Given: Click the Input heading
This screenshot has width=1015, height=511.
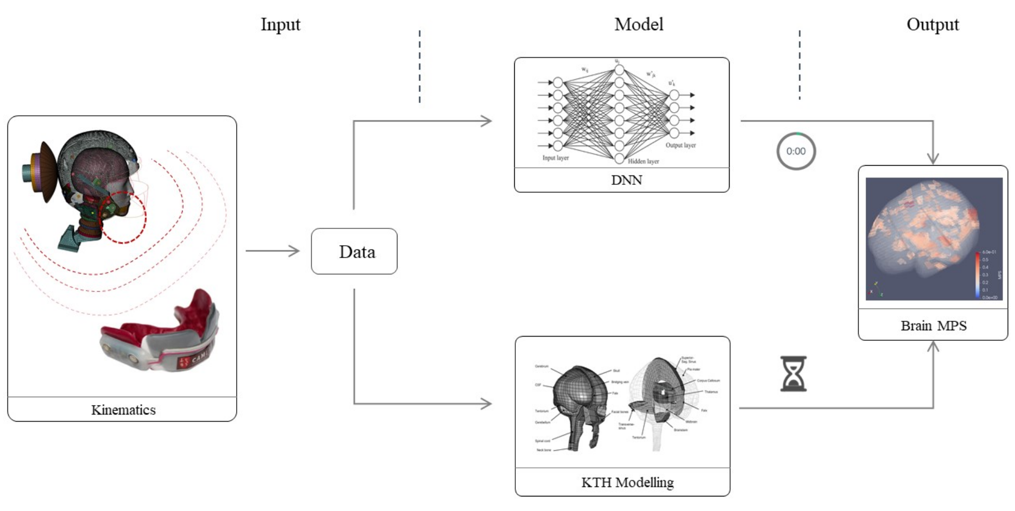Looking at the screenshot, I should click(280, 24).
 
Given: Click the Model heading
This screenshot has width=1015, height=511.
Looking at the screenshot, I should click(639, 24).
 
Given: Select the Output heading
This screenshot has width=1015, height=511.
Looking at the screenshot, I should click(932, 24).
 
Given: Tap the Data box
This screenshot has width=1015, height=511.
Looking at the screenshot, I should click(354, 251).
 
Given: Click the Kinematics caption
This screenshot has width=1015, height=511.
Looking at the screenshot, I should click(124, 410).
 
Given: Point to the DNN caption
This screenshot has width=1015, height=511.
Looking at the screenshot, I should click(626, 180).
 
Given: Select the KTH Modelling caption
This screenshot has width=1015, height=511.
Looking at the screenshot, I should click(627, 482).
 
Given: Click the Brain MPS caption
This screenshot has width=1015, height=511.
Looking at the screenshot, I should click(934, 326).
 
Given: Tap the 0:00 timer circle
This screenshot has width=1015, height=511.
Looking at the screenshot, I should click(796, 151).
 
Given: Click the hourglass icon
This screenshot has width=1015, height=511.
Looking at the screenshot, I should click(793, 373).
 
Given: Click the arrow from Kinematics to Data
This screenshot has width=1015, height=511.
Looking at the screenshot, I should click(273, 251).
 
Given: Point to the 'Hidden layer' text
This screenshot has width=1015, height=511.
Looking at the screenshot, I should click(643, 162).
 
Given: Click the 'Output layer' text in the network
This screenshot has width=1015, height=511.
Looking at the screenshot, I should click(680, 145).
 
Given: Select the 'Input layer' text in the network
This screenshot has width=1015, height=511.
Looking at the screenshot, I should click(555, 158).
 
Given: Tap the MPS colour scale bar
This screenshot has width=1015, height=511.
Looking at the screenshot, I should click(978, 275).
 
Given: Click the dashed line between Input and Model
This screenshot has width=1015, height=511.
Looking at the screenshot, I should click(420, 66).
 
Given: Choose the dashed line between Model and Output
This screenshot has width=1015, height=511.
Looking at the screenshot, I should click(800, 65).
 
